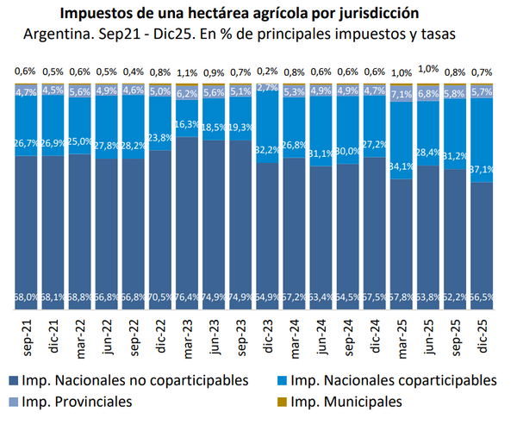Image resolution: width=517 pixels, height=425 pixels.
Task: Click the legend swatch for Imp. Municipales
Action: click(x=280, y=402)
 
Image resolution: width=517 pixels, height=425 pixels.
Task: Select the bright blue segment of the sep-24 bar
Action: click(x=349, y=129)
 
